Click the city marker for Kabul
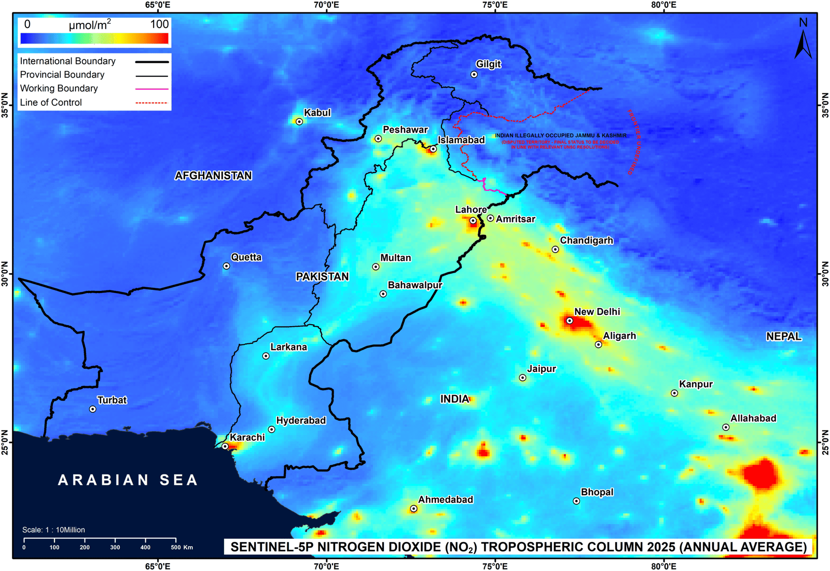(299, 122)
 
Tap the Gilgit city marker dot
(474, 75)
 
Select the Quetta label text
(246, 257)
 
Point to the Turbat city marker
(93, 409)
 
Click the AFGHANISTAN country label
(213, 176)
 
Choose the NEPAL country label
(784, 337)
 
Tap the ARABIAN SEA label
(128, 480)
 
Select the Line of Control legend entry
(51, 103)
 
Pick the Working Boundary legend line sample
(151, 89)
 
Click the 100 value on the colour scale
(159, 24)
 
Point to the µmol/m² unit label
(90, 25)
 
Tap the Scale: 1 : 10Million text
(53, 530)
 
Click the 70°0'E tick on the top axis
(326, 5)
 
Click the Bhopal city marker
(576, 501)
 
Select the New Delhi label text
(597, 312)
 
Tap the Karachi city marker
(225, 447)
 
